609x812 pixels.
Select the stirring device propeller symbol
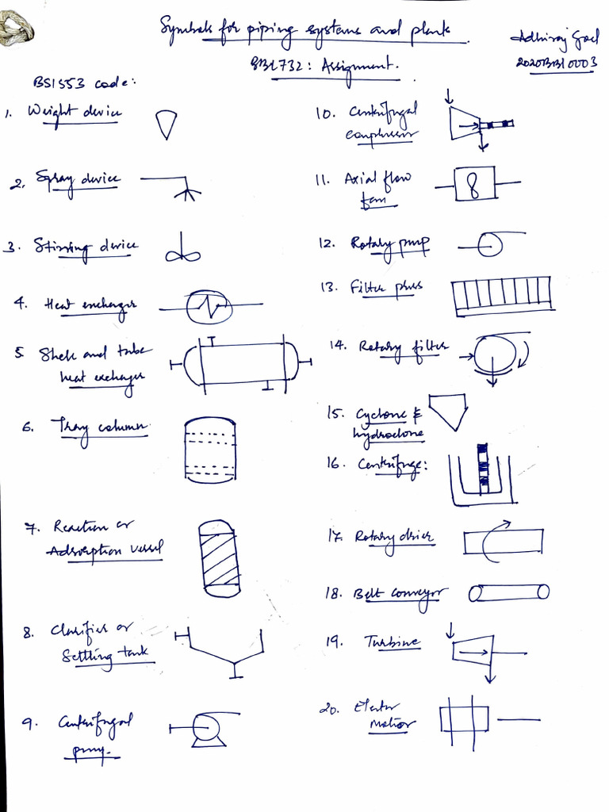[183, 251]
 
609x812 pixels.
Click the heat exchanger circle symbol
[209, 305]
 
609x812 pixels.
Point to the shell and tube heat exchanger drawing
[241, 364]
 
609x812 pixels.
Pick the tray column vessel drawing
[210, 450]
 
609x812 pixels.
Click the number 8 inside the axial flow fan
[473, 186]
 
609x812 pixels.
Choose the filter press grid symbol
[501, 296]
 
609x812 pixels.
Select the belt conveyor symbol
[508, 592]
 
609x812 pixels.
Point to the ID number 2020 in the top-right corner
[534, 61]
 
